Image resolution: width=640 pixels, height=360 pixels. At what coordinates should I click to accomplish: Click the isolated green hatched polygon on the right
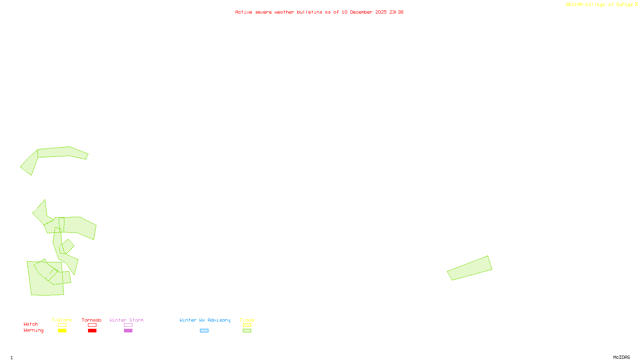click(x=470, y=268)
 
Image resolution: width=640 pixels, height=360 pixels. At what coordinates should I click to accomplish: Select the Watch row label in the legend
click(x=31, y=324)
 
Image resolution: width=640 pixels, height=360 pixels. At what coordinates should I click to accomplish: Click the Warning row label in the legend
click(x=33, y=330)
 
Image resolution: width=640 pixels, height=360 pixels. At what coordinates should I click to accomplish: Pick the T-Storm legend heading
click(x=62, y=320)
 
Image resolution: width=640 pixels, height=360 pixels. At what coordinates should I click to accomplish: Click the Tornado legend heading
click(x=92, y=320)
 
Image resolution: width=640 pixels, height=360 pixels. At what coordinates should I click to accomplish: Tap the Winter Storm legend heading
click(x=126, y=320)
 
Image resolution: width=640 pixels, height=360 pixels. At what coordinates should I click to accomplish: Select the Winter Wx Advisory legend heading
click(x=205, y=320)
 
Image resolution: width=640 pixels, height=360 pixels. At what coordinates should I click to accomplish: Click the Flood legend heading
click(x=247, y=320)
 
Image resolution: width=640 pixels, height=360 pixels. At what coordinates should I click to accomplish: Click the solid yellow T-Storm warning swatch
click(x=62, y=331)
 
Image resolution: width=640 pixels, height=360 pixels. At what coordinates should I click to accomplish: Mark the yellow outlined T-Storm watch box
click(x=62, y=325)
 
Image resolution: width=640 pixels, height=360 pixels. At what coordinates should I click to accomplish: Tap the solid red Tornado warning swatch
click(x=92, y=331)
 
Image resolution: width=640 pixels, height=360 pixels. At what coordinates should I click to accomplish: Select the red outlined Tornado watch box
click(x=92, y=325)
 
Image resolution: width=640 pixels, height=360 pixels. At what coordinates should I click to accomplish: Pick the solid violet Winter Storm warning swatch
click(x=128, y=331)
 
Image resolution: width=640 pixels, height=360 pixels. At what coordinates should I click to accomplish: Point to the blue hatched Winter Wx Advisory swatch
click(x=204, y=331)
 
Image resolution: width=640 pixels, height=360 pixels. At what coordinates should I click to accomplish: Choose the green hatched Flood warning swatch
click(x=247, y=331)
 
